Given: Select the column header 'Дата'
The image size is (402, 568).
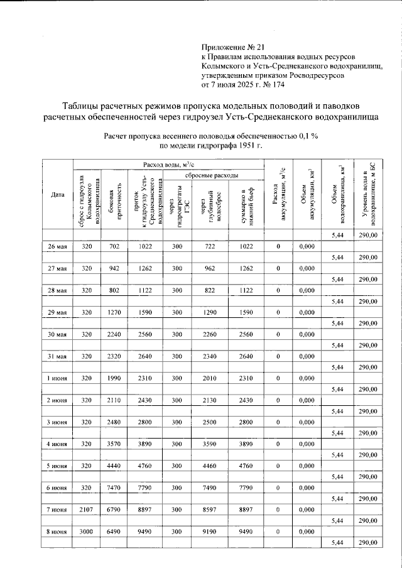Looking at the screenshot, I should click(x=58, y=195).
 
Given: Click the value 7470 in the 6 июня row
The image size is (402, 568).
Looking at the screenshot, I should click(x=114, y=487).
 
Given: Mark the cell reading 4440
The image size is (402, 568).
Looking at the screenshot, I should click(x=114, y=465).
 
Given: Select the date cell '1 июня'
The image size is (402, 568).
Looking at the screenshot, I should click(x=58, y=378).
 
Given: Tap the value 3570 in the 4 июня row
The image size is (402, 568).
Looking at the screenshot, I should click(x=114, y=444).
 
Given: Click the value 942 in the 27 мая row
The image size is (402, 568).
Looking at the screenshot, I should click(x=114, y=268).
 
